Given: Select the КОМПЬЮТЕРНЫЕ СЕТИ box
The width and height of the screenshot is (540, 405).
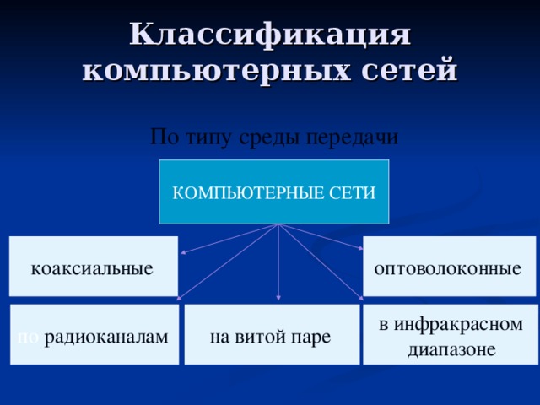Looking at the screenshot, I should tap(274, 192).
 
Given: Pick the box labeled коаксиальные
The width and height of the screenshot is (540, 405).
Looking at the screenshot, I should tap(93, 266).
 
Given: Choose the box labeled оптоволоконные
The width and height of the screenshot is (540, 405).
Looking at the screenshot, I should tap(450, 266).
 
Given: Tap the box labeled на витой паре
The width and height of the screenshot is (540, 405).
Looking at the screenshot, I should tap(271, 334).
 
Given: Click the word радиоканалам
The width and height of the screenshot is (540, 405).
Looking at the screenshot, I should tap(105, 337).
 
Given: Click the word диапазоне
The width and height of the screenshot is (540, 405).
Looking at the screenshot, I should tap(451, 348).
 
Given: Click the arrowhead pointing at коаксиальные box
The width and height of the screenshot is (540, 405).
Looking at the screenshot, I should tap(184, 251).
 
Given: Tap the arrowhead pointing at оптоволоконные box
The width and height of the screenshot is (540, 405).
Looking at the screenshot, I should tap(359, 248).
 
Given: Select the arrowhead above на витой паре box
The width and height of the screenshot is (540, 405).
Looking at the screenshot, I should tap(278, 300).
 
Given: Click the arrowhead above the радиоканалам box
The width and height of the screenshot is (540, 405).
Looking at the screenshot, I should tap(180, 297).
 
